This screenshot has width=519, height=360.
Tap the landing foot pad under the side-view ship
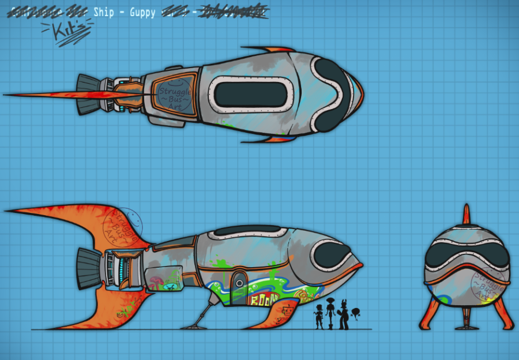point(194,327)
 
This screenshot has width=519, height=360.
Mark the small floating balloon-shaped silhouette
point(355,314)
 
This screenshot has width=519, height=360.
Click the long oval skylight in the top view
point(252,94)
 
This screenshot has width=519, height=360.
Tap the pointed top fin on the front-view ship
point(467,215)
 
